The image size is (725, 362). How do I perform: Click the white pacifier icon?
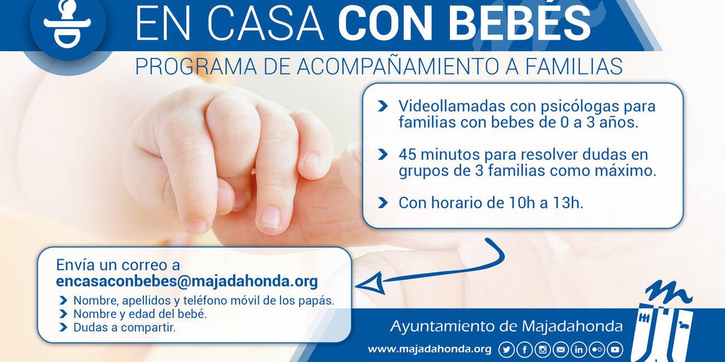tap(67, 24)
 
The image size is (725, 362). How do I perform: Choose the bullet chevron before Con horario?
tap(383, 202)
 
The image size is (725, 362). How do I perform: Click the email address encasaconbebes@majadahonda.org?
tap(187, 281)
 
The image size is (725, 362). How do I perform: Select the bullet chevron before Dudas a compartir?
tap(63, 328)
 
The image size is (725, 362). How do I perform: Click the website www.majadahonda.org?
tap(429, 349)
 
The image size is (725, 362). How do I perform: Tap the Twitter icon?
tap(506, 350)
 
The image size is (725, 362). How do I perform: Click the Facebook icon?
tap(524, 350)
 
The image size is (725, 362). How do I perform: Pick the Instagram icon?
tap(542, 350)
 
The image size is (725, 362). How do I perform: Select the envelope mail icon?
tap(560, 350)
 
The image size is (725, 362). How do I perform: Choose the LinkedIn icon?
tap(578, 350)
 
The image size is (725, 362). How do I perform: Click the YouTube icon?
tap(615, 350)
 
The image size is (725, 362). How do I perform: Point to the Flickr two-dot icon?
tap(597, 350)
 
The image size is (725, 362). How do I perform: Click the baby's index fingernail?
tap(270, 217)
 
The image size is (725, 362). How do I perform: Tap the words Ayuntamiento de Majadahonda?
tap(506, 326)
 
